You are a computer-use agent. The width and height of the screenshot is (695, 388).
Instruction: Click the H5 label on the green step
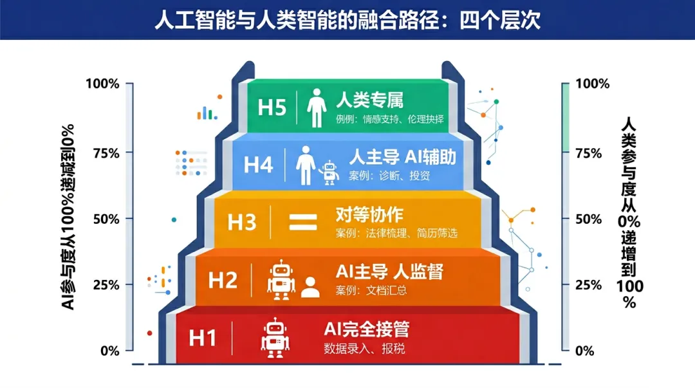[272, 107]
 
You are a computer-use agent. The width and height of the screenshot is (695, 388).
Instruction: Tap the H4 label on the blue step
[259, 165]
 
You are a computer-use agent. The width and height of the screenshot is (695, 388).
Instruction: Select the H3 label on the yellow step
[242, 222]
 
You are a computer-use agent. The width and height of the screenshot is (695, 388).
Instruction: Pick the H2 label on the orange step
[223, 281]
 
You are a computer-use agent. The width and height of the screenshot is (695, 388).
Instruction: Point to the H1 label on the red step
[203, 338]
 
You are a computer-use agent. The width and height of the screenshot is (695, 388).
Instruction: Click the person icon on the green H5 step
[317, 107]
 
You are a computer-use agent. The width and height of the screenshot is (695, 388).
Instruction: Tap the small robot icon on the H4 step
[329, 172]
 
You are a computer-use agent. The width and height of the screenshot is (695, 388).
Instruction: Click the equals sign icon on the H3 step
[303, 223]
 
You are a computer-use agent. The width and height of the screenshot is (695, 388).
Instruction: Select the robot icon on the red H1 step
[275, 337]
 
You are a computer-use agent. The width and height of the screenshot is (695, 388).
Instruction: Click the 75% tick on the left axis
[106, 153]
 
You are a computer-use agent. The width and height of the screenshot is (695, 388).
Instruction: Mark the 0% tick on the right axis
[584, 351]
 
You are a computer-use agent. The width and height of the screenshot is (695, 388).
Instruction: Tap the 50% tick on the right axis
[588, 219]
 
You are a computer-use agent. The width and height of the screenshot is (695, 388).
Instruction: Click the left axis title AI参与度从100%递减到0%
[68, 217]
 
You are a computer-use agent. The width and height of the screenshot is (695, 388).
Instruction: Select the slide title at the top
[347, 20]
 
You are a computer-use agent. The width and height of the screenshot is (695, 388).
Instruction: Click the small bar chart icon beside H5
[206, 113]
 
